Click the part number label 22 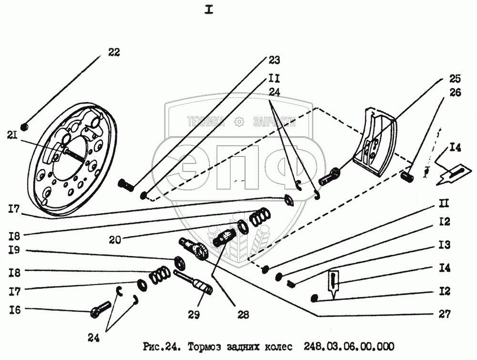114,53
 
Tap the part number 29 194,315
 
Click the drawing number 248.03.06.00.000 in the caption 342,346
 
